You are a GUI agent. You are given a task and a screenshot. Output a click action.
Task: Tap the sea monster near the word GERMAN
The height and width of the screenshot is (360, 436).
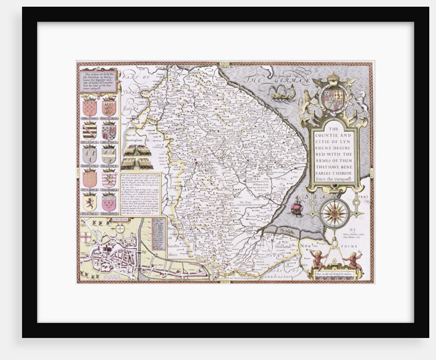tap(284, 93)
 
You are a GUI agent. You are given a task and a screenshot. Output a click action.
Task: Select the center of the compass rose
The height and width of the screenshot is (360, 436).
tap(335, 213)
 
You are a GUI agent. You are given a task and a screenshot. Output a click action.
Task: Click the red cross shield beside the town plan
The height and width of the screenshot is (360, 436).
tap(86, 237)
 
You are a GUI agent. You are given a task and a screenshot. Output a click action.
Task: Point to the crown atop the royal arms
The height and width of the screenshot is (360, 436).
tap(334, 78)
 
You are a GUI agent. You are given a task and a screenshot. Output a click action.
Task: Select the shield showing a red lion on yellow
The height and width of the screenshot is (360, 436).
tap(89, 202)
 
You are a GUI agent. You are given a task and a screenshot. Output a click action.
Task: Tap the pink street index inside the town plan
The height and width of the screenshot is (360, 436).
tap(160, 233)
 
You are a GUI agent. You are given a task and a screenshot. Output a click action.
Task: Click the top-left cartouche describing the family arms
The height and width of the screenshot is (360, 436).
tap(98, 80)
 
